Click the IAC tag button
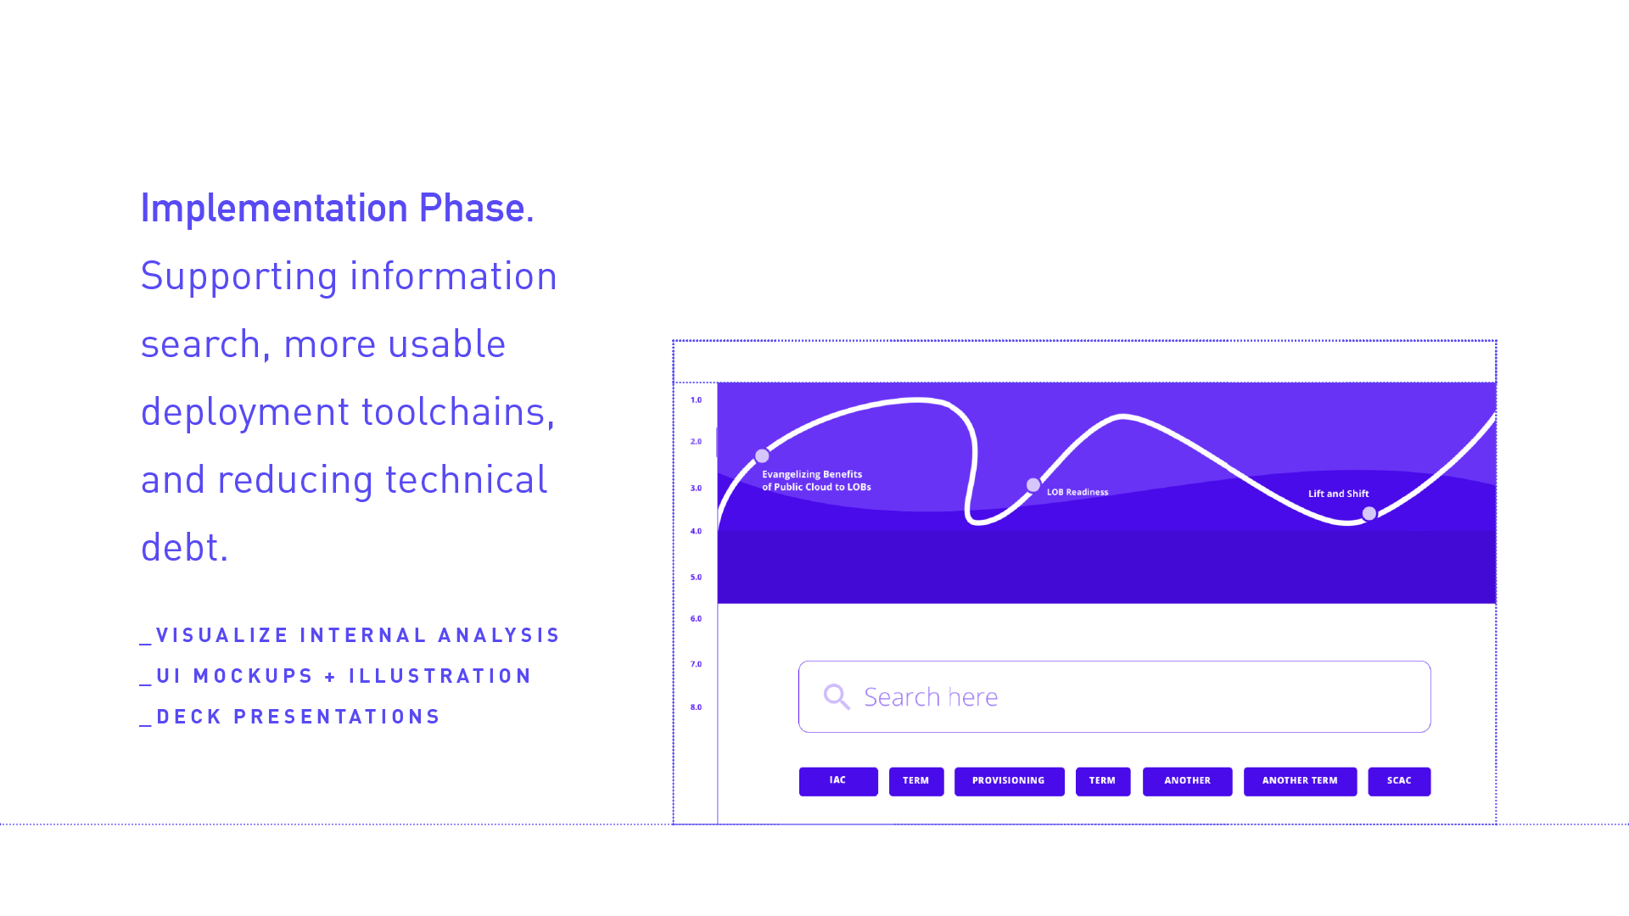838,781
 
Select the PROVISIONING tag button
1009,781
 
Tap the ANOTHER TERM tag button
1300,781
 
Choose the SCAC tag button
1399,781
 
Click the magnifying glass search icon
837,697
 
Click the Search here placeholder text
931,697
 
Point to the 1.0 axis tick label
696,399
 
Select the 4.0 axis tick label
696,531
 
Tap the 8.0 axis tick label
696,707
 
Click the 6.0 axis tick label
696,618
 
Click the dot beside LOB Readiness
1033,485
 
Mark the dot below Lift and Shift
1369,513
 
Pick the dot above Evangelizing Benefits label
762,456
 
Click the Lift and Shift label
1338,494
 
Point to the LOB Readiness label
1078,492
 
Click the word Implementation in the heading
274,209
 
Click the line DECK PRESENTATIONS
290,717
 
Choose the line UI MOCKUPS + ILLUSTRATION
336,676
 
